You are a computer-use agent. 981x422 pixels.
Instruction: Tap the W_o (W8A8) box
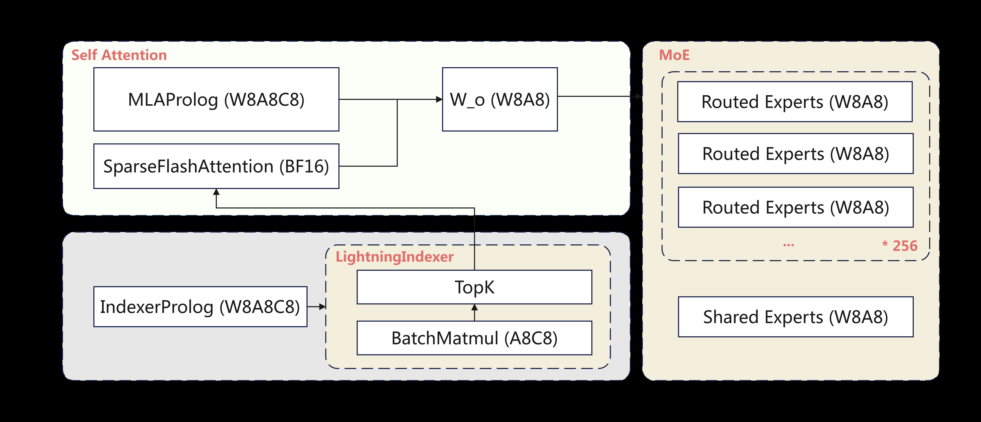pos(500,100)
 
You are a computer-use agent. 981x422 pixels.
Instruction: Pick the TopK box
pos(474,287)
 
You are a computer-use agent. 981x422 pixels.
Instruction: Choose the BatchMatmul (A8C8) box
pos(474,338)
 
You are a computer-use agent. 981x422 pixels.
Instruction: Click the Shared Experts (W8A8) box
pos(795,317)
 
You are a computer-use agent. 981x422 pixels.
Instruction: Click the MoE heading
pos(674,55)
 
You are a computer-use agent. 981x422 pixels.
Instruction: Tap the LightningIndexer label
pos(395,257)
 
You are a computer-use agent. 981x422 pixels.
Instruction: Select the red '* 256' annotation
pos(900,246)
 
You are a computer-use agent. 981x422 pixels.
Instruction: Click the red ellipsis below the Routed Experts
pos(788,245)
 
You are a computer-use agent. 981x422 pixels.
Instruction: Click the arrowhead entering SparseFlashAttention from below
pos(216,192)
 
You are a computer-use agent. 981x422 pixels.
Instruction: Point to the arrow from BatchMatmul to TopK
pos(474,312)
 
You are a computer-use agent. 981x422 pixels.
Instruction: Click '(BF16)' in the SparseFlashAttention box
pos(304,166)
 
